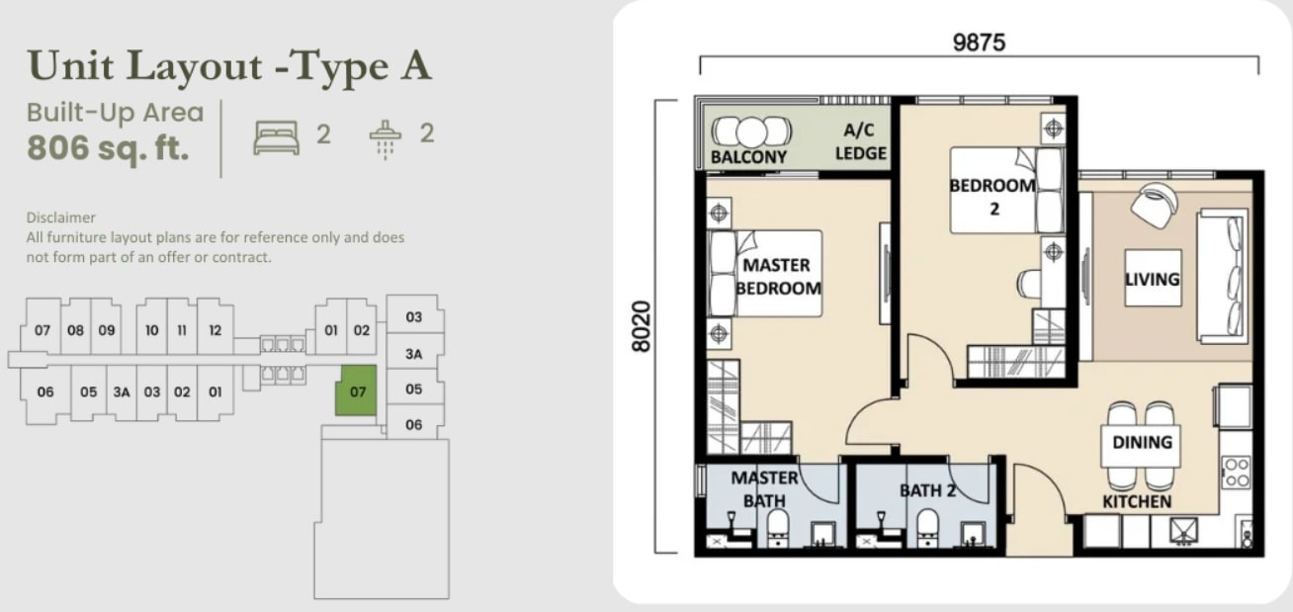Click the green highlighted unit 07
tap(357, 391)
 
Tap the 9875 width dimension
tap(979, 43)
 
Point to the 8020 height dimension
tap(642, 326)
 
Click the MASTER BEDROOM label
tap(778, 277)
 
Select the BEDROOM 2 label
tap(992, 197)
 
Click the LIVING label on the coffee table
tap(1153, 280)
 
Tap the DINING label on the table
tap(1143, 442)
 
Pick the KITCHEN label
tap(1137, 501)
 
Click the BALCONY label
tap(748, 157)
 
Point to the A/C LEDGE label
tap(861, 141)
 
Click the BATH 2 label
tap(927, 490)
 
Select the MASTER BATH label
tap(765, 489)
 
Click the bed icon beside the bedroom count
tap(277, 137)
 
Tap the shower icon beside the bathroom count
tap(385, 139)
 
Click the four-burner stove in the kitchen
tap(1236, 473)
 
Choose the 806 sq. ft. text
tap(108, 147)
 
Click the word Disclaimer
tap(60, 218)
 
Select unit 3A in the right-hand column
tap(414, 354)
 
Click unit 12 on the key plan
tap(215, 330)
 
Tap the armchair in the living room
tap(1154, 205)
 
